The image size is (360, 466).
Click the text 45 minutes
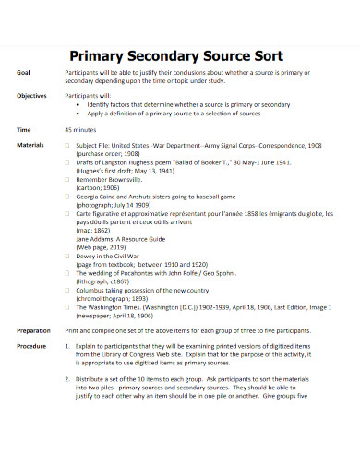82,131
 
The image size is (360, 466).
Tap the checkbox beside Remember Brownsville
68,182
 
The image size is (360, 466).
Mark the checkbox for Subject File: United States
68,146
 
